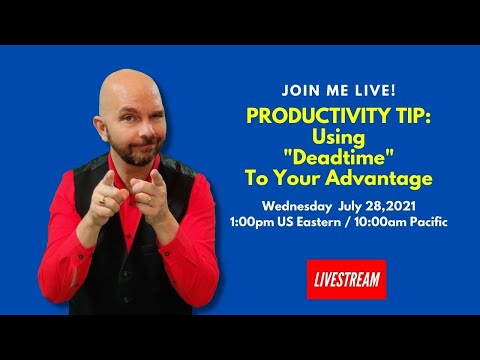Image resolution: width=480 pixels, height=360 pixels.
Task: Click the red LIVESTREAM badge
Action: tap(345, 280)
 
